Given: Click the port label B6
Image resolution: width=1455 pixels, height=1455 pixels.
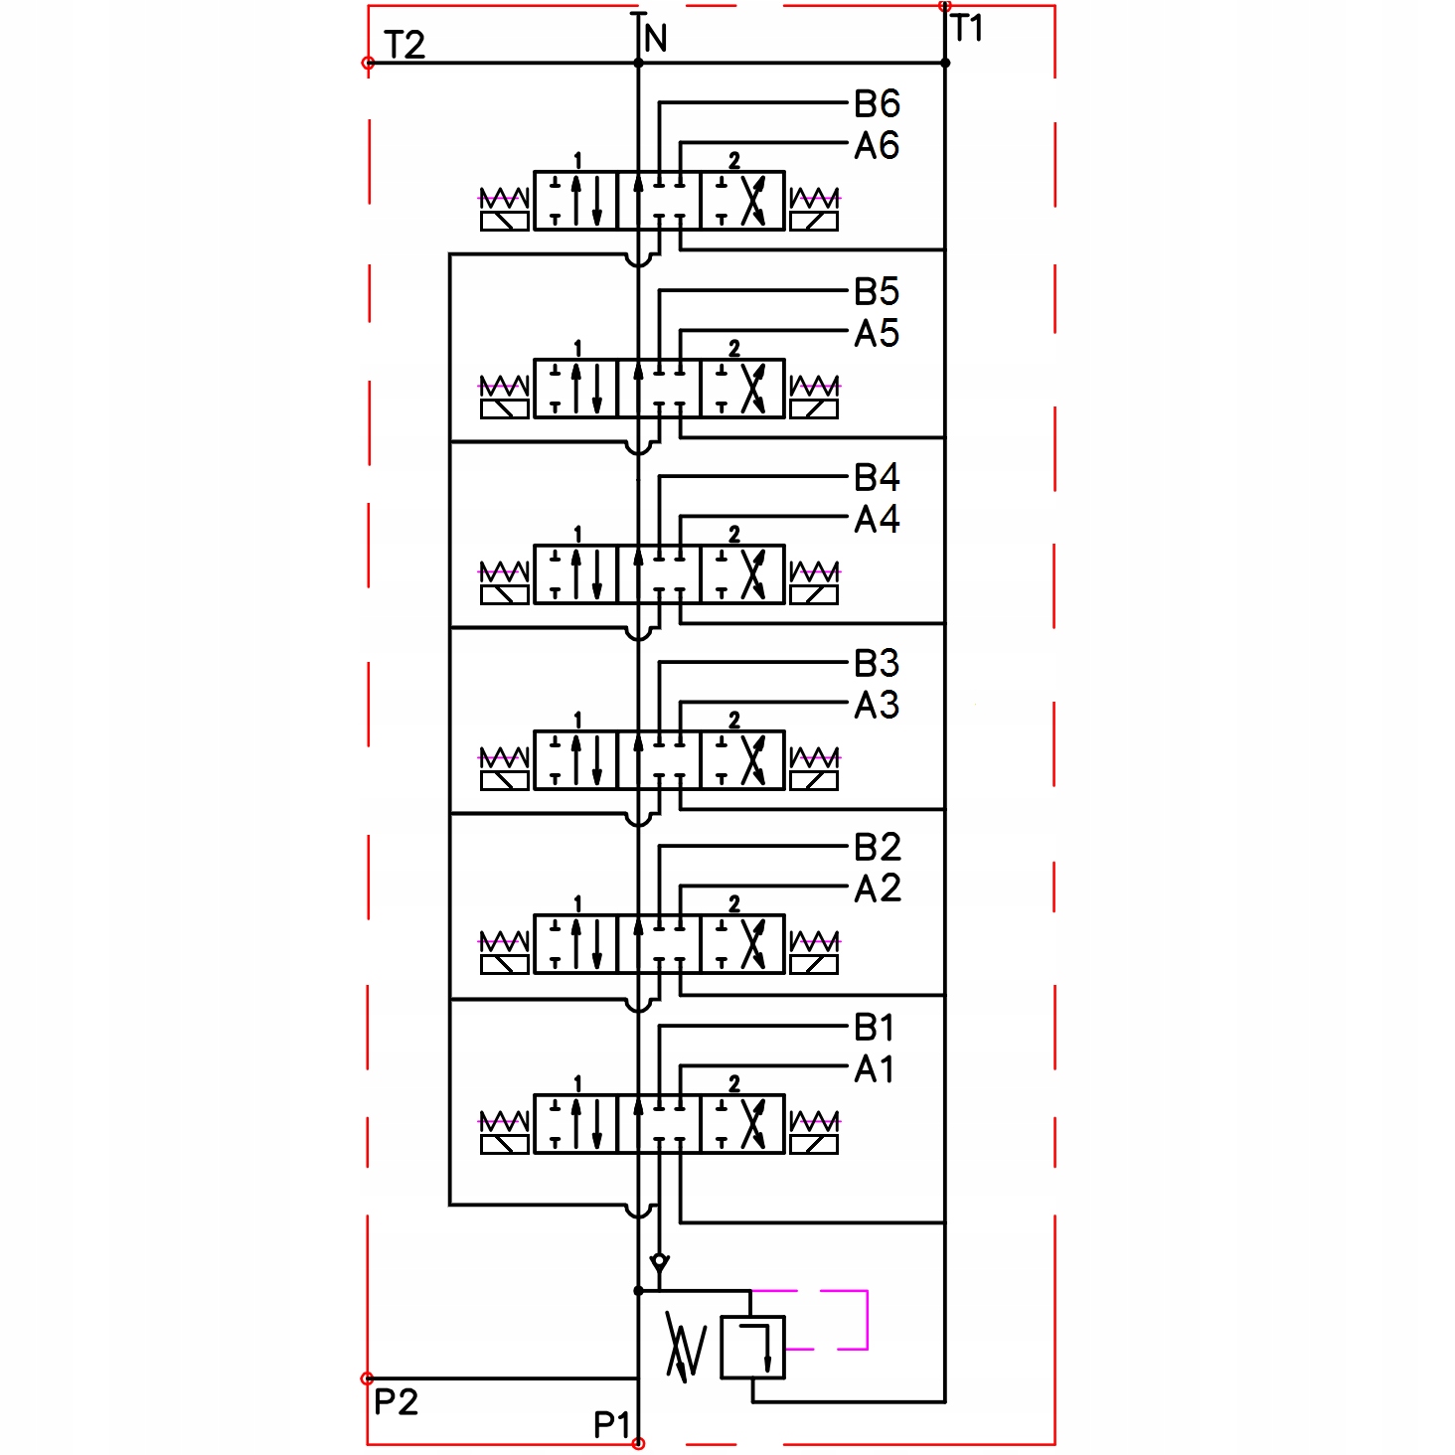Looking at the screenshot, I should [x=877, y=103].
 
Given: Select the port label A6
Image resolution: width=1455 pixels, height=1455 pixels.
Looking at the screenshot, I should [x=877, y=146].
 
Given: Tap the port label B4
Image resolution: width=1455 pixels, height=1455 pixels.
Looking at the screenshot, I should [x=877, y=478].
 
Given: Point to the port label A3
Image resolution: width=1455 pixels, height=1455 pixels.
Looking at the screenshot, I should [x=877, y=706].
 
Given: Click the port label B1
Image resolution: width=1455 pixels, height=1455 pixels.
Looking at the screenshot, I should [x=875, y=1028].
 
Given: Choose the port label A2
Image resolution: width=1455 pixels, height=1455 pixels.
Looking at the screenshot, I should [x=878, y=889].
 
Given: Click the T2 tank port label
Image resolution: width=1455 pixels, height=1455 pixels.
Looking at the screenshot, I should [x=404, y=45].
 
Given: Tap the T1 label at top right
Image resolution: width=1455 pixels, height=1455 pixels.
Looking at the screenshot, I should [x=967, y=29].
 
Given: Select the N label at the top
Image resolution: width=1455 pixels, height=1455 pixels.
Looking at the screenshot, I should [x=656, y=40].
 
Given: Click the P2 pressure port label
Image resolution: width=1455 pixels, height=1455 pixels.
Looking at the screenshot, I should [x=396, y=1402].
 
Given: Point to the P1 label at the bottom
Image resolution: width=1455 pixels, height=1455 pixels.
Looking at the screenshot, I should [x=612, y=1425].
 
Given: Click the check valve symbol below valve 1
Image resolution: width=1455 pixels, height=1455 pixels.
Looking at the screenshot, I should [x=659, y=1263].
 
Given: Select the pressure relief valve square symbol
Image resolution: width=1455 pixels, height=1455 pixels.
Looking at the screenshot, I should [x=752, y=1348].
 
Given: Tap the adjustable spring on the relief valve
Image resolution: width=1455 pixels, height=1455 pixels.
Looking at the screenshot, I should [x=686, y=1348].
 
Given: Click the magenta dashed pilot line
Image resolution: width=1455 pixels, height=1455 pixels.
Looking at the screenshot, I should [x=867, y=1320].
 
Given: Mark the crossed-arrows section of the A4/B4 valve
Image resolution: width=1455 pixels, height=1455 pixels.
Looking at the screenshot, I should [x=743, y=574].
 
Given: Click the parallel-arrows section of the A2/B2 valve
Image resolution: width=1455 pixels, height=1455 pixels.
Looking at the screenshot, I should [x=576, y=944].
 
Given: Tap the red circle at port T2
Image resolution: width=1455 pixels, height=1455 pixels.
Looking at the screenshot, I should [x=368, y=63].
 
